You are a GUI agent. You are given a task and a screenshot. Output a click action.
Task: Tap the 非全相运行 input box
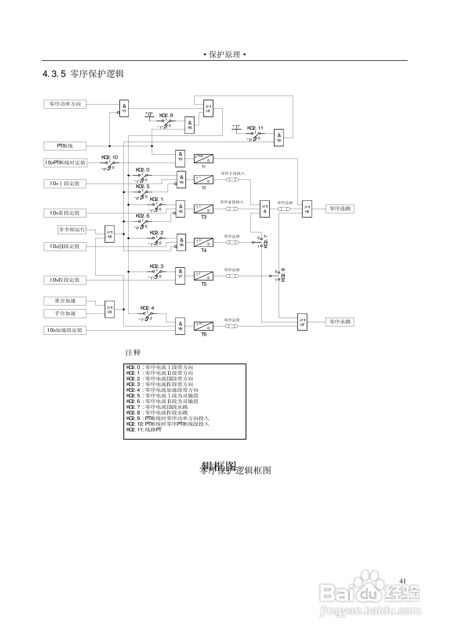pyautogui.click(x=72, y=230)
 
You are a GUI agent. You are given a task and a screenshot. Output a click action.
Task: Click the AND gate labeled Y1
pyautogui.click(x=124, y=108)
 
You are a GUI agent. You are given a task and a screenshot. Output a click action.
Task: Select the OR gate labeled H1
pyautogui.click(x=208, y=108)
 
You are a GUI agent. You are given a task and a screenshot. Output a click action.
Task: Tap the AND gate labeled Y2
pyautogui.click(x=279, y=138)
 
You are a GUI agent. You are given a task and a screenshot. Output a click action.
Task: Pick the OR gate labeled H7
pyautogui.click(x=302, y=322)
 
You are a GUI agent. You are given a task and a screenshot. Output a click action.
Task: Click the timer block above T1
pyautogui.click(x=203, y=159)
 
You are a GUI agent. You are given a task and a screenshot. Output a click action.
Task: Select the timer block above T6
pyautogui.click(x=203, y=326)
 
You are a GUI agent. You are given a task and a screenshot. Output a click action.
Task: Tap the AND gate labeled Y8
pyautogui.click(x=180, y=326)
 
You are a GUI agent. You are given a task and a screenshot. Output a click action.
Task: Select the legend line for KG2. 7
pyautogui.click(x=157, y=407)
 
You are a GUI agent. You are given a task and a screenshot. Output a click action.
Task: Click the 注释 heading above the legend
pyautogui.click(x=133, y=353)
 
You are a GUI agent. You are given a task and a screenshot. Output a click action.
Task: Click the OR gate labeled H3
pyautogui.click(x=110, y=310)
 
